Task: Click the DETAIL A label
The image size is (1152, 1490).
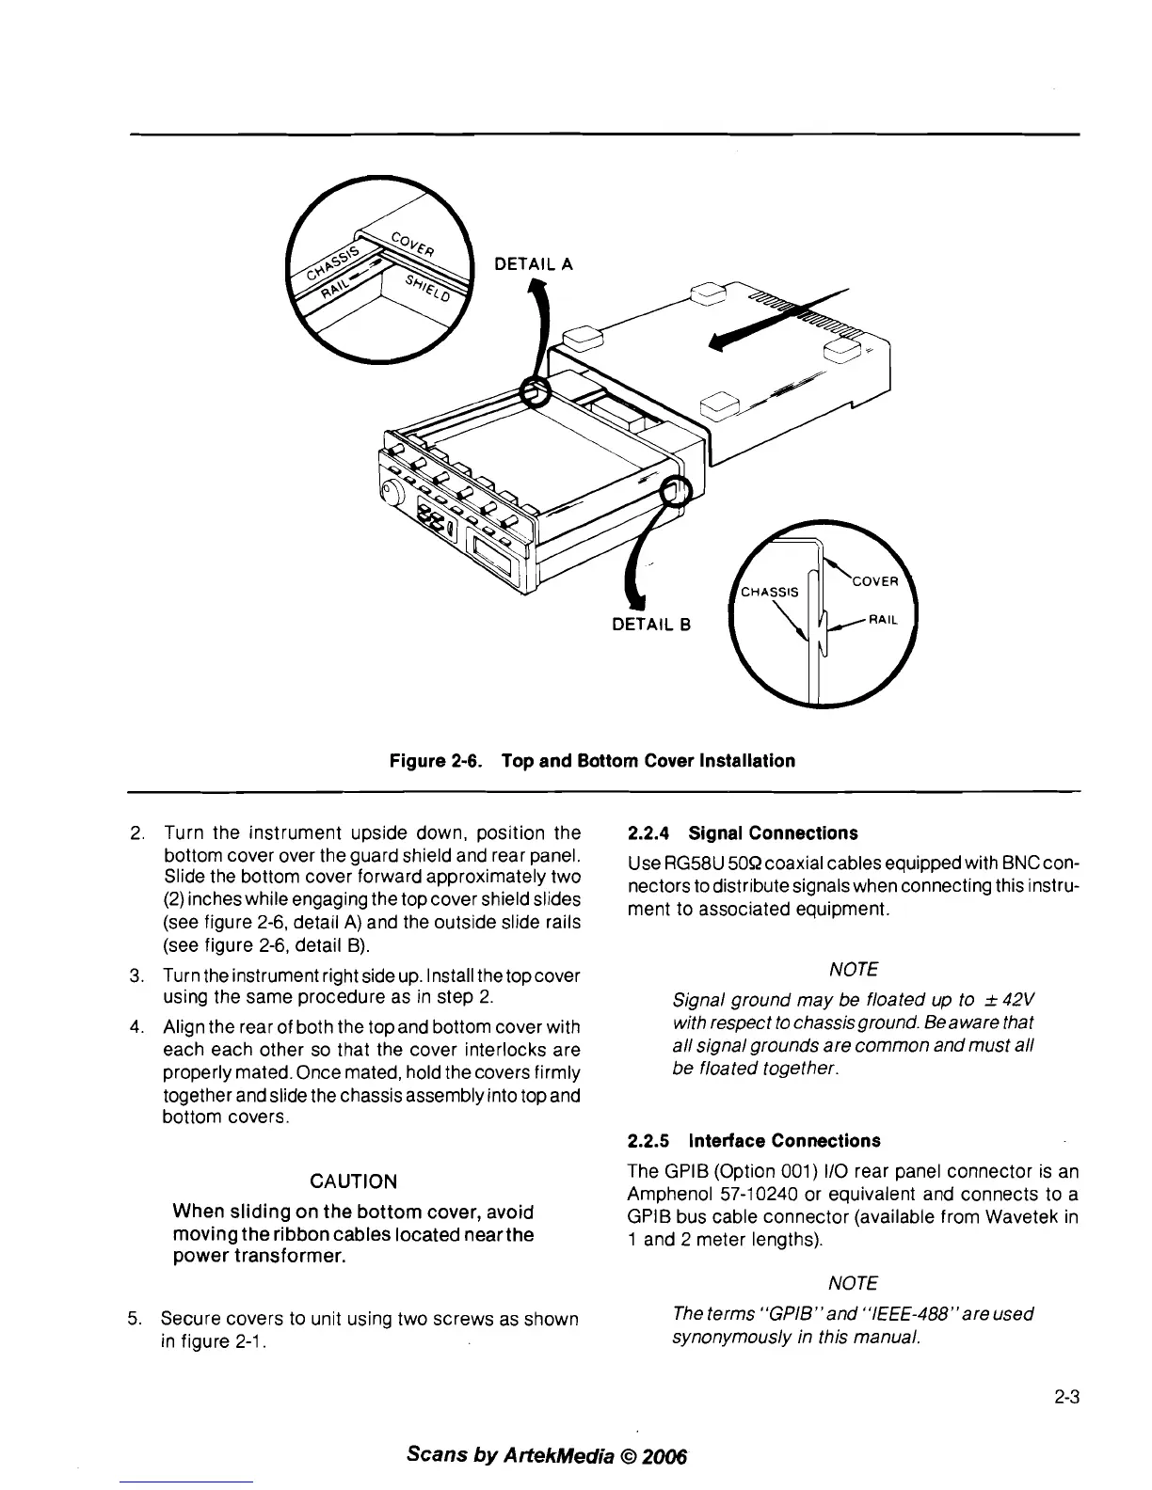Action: pyautogui.click(x=534, y=265)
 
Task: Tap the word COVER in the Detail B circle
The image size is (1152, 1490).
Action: pyautogui.click(x=875, y=581)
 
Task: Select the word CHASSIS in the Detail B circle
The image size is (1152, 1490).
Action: pyautogui.click(x=770, y=592)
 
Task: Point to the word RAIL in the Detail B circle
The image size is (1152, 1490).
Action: pyautogui.click(x=884, y=620)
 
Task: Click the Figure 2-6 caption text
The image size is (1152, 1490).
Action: pyautogui.click(x=592, y=760)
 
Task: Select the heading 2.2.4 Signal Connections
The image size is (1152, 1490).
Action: pyautogui.click(x=743, y=833)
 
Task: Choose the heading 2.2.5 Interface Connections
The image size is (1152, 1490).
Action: pyautogui.click(x=754, y=1141)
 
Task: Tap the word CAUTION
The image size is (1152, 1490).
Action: pyautogui.click(x=353, y=1181)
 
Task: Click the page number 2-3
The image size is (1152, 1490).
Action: pyautogui.click(x=1065, y=1398)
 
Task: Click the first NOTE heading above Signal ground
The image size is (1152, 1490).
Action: pyautogui.click(x=854, y=969)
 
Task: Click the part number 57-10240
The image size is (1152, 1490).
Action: pyautogui.click(x=752, y=1195)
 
